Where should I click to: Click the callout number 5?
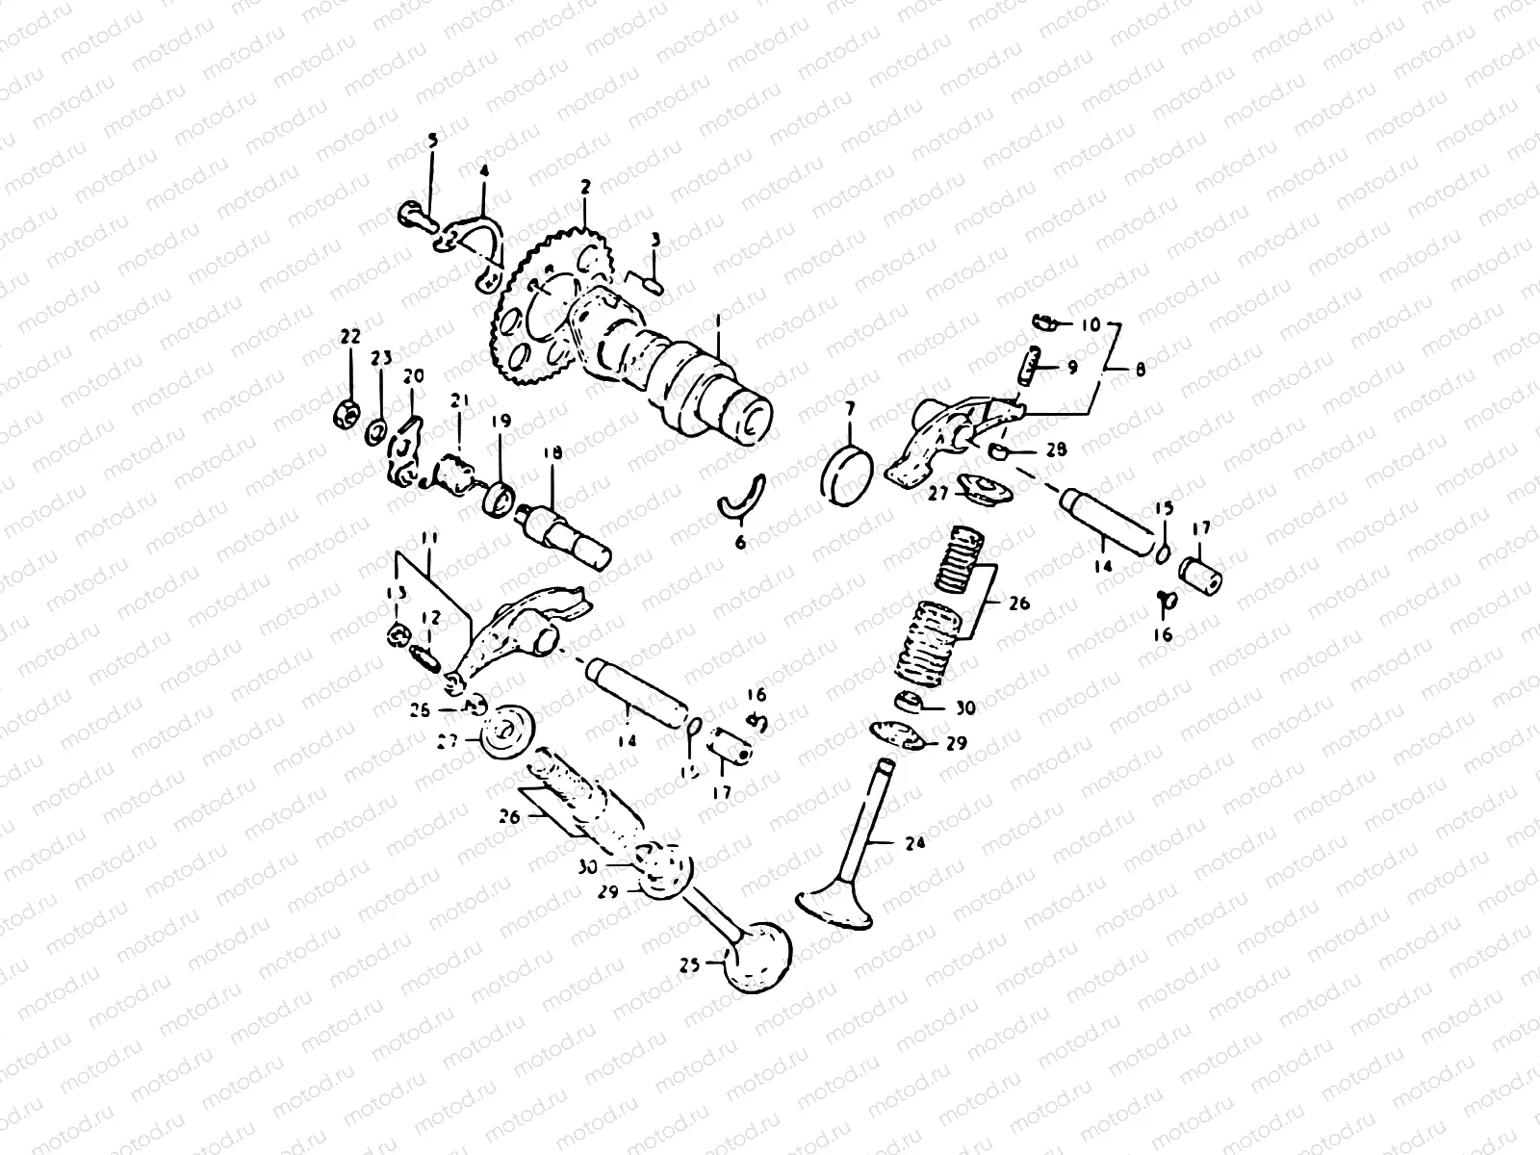click(432, 141)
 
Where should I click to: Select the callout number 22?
click(349, 336)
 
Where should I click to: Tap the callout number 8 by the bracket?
click(1141, 368)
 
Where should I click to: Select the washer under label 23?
click(376, 426)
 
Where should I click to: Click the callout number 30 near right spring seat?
click(965, 707)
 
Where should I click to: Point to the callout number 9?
click(1071, 367)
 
